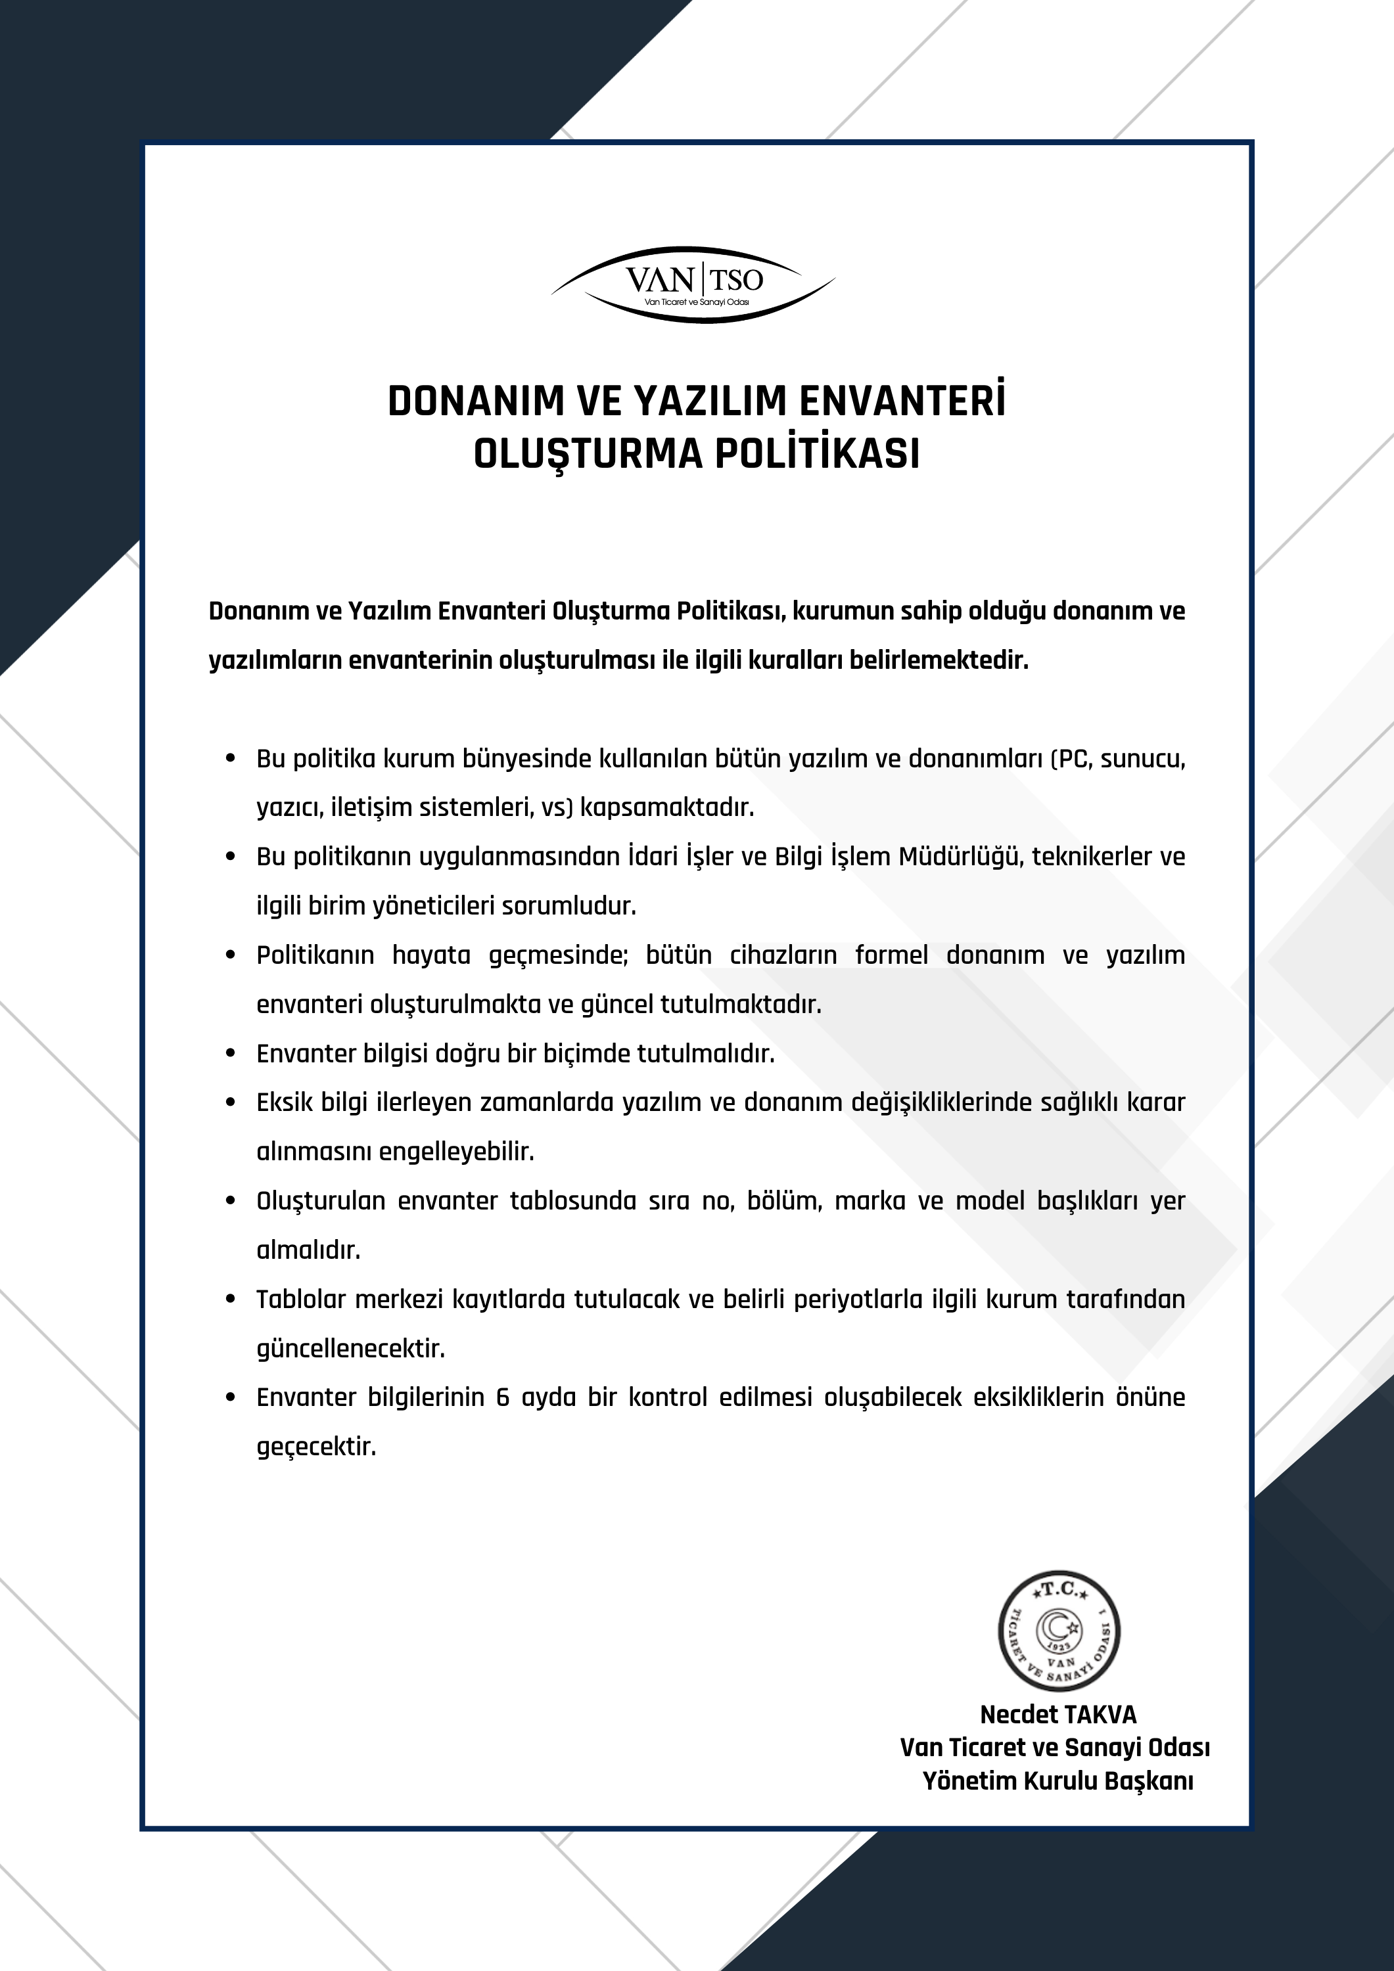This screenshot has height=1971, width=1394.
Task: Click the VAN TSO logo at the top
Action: pos(693,284)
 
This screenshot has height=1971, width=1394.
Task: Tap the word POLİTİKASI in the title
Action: pos(817,454)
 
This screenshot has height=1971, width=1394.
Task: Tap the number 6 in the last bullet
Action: pos(503,1397)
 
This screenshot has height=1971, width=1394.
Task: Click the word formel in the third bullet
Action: pos(891,955)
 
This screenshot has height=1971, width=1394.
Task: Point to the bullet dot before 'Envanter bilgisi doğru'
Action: pos(230,1054)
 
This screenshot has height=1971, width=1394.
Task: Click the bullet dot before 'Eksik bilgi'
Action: pos(230,1103)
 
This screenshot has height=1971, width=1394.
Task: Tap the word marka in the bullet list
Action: pos(870,1201)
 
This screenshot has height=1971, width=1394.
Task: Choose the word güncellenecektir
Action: pos(350,1349)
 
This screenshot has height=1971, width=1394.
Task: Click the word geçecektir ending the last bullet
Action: pos(316,1447)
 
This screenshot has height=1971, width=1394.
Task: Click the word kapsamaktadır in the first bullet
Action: pos(666,808)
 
